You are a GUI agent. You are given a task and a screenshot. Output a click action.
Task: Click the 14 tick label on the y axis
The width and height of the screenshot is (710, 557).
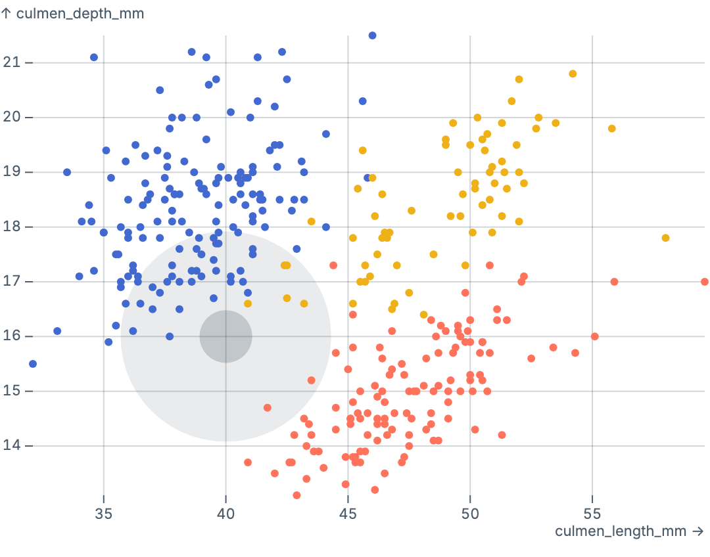click(x=12, y=446)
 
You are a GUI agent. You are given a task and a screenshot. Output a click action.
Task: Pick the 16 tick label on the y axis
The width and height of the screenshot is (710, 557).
click(x=12, y=336)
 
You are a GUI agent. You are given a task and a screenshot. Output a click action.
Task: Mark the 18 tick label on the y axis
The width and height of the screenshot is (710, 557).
click(x=12, y=227)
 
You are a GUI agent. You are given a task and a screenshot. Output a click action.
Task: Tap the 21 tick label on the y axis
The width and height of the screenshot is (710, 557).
click(x=12, y=62)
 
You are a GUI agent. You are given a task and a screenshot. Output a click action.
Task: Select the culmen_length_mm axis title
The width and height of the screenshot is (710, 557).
click(x=630, y=531)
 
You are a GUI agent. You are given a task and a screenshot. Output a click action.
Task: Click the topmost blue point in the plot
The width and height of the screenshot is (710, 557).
click(x=372, y=35)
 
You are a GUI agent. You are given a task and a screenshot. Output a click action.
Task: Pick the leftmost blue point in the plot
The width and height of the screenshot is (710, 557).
click(x=33, y=364)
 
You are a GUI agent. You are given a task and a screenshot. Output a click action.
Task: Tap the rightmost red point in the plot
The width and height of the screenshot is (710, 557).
click(x=705, y=282)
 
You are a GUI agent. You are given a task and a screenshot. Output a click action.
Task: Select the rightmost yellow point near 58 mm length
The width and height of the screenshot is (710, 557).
click(x=665, y=238)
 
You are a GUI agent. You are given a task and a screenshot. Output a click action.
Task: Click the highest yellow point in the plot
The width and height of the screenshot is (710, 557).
click(x=573, y=74)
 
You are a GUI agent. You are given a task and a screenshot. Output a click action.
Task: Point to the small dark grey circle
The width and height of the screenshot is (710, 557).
click(x=225, y=336)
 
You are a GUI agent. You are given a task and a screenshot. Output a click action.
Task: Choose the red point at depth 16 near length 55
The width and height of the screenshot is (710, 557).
click(x=595, y=336)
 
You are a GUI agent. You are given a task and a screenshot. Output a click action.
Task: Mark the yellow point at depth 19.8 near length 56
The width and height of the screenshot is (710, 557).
click(x=612, y=129)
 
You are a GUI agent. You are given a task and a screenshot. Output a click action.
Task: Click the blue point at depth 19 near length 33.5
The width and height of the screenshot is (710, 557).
click(x=67, y=172)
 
